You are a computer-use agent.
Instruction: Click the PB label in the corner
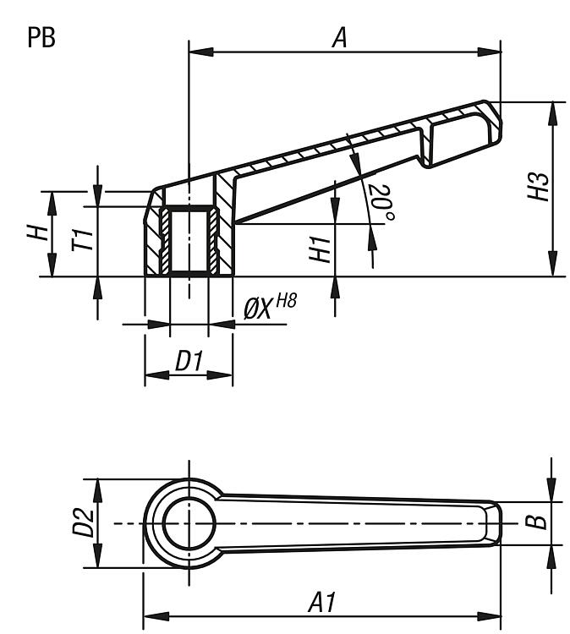tap(41, 37)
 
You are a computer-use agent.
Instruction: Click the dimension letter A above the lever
tap(340, 38)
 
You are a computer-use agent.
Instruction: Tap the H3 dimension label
tap(539, 187)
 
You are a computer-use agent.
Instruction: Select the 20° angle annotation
tap(381, 203)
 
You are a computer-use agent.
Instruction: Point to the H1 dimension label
tap(320, 249)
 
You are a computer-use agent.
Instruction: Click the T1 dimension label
tap(82, 239)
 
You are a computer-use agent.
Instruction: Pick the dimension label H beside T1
tap(38, 233)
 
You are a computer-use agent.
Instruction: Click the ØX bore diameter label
tap(257, 310)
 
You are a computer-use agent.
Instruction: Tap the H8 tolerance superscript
tap(286, 301)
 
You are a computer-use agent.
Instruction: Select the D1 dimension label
tap(188, 361)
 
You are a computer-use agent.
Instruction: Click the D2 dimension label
tap(83, 522)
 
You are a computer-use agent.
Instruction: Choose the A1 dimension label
tap(322, 603)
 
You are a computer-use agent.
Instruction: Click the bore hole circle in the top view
tap(189, 523)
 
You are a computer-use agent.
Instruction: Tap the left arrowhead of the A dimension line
tap(201, 52)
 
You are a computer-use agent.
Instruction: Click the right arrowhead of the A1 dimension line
tap(489, 617)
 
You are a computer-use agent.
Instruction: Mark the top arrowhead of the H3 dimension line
tap(552, 114)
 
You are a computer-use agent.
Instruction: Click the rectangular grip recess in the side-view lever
tap(461, 139)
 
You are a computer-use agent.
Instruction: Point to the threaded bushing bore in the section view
tap(189, 242)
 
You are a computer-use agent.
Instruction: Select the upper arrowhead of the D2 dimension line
tap(97, 491)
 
